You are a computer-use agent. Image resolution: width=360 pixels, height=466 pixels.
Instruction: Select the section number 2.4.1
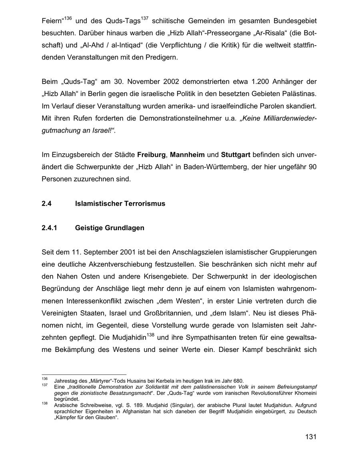click(x=50, y=228)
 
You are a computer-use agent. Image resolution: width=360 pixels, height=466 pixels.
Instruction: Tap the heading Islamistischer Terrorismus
click(x=120, y=204)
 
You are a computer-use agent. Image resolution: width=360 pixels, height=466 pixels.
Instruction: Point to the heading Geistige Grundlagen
click(x=110, y=228)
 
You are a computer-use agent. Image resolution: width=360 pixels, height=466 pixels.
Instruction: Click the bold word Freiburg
click(x=151, y=155)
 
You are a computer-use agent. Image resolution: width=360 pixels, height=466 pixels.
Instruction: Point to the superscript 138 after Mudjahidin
click(x=151, y=335)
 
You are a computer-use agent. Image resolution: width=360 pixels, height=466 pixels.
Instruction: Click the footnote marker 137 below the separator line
click(x=44, y=385)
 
